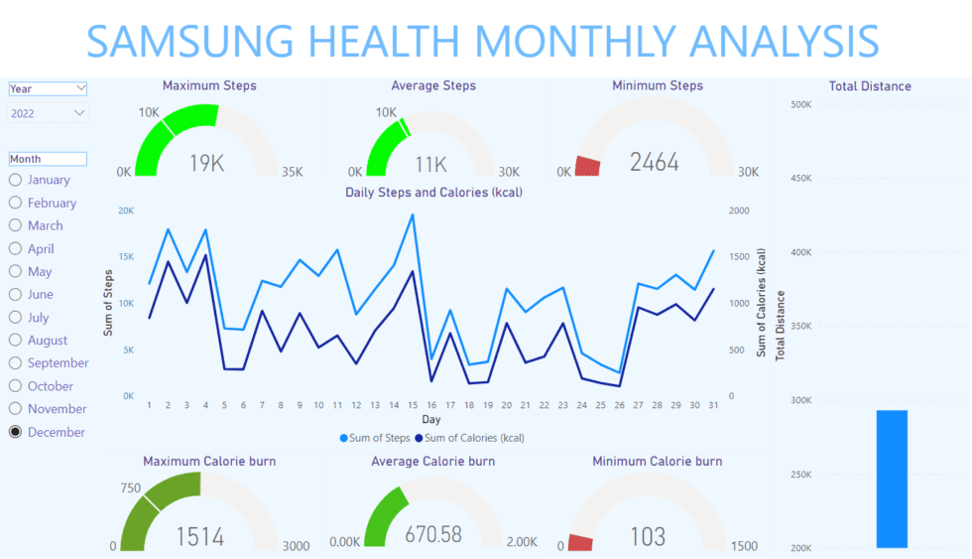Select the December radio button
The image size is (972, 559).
tap(16, 432)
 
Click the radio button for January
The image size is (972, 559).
tap(16, 180)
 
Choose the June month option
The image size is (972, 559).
tap(16, 294)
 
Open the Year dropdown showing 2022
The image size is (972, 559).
tap(48, 113)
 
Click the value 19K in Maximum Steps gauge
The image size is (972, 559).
tap(206, 163)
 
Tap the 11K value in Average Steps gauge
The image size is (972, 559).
tap(430, 164)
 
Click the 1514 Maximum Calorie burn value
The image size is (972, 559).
tap(200, 537)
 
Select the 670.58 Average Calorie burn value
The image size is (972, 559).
tap(433, 534)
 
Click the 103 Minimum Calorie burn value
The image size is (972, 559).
tap(648, 537)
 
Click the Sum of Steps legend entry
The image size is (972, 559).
tap(375, 438)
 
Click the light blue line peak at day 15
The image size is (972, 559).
tap(412, 214)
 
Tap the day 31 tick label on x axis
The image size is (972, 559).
tap(713, 405)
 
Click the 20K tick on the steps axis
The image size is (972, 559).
tap(126, 210)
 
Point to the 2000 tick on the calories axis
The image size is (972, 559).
tap(739, 210)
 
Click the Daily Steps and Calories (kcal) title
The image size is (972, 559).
tap(433, 192)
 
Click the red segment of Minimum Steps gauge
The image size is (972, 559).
tap(588, 166)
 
